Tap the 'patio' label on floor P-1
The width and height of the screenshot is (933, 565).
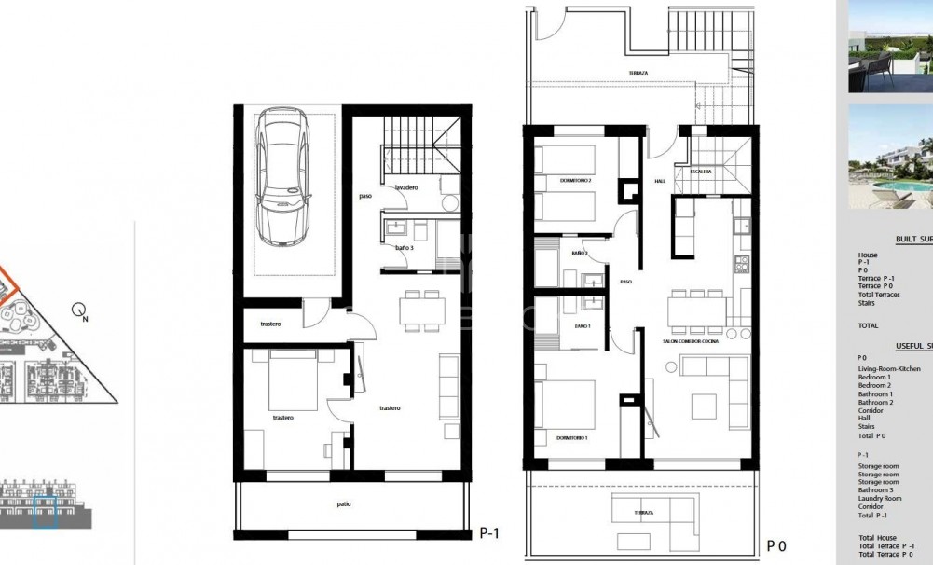(344, 504)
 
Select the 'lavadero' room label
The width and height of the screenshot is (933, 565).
(405, 187)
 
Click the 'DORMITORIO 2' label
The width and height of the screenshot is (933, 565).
(576, 180)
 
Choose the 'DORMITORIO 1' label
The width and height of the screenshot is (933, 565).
(573, 437)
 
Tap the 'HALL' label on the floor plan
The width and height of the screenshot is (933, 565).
(659, 181)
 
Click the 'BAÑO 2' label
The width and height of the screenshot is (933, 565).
(580, 253)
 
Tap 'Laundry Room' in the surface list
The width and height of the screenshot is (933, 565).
(879, 498)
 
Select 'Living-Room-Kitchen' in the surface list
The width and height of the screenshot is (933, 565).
(889, 368)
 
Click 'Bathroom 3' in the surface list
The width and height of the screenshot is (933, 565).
(876, 490)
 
